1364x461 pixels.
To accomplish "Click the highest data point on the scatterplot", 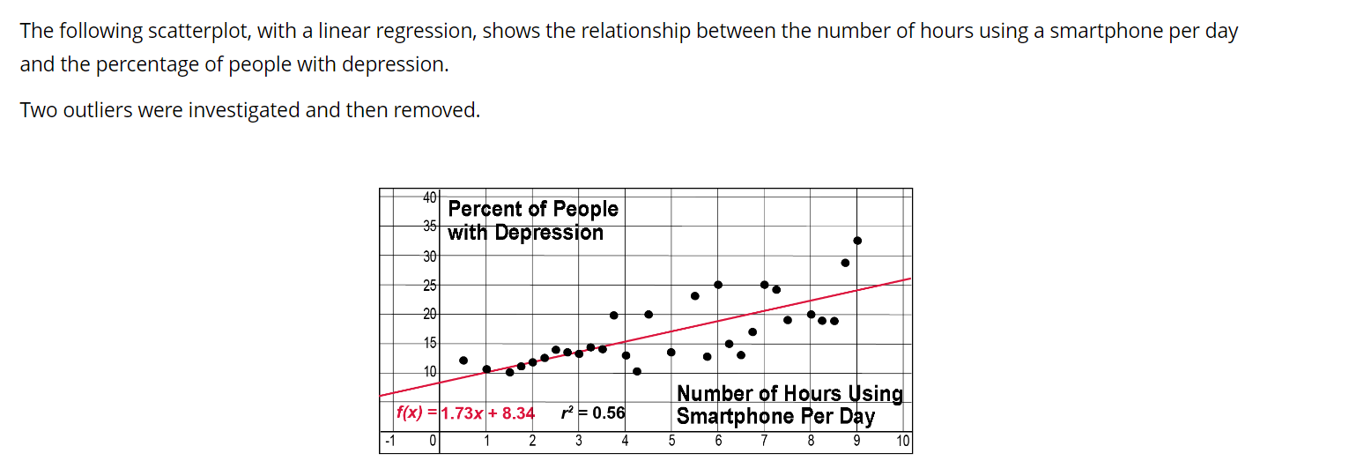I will [857, 241].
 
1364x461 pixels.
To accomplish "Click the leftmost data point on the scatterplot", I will [463, 360].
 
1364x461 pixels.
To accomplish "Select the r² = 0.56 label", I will [593, 413].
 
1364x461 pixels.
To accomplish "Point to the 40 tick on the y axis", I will [430, 197].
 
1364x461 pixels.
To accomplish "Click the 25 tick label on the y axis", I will [430, 286].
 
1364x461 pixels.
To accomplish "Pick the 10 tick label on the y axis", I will [430, 371].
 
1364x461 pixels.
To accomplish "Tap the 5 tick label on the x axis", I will [671, 441].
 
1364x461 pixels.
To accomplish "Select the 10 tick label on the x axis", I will [903, 441].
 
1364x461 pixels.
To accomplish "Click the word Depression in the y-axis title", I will [549, 233].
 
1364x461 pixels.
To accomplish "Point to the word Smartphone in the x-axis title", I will [730, 416].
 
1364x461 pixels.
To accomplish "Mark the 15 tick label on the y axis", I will [430, 342].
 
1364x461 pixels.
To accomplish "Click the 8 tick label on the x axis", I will [811, 441].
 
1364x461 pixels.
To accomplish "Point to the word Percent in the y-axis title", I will [484, 209].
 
